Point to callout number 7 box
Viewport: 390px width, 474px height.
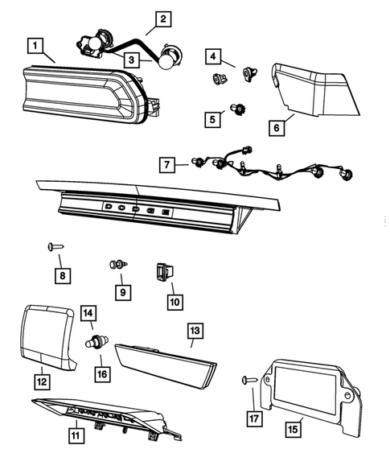click(x=167, y=165)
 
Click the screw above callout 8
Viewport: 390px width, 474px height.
click(x=54, y=246)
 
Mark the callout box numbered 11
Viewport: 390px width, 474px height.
click(x=75, y=435)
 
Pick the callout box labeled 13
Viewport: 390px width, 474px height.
click(x=194, y=330)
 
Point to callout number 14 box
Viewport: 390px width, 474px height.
click(x=88, y=313)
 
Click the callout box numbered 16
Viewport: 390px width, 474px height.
click(x=101, y=373)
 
